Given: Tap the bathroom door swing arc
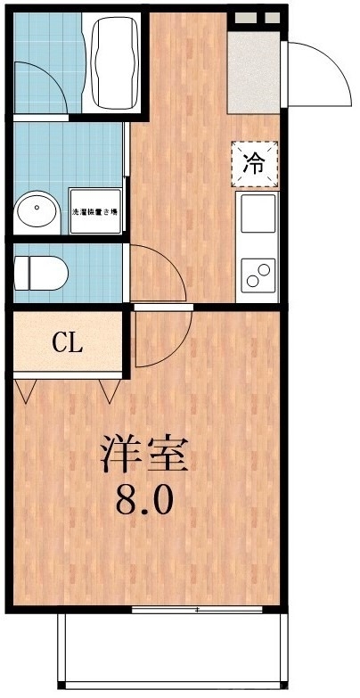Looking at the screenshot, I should tap(49, 85).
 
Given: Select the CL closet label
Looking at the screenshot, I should tap(67, 342).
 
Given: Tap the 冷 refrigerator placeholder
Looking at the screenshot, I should tap(254, 163).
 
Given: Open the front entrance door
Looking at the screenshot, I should tap(316, 71).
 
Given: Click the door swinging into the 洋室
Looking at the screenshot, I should tap(160, 339).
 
